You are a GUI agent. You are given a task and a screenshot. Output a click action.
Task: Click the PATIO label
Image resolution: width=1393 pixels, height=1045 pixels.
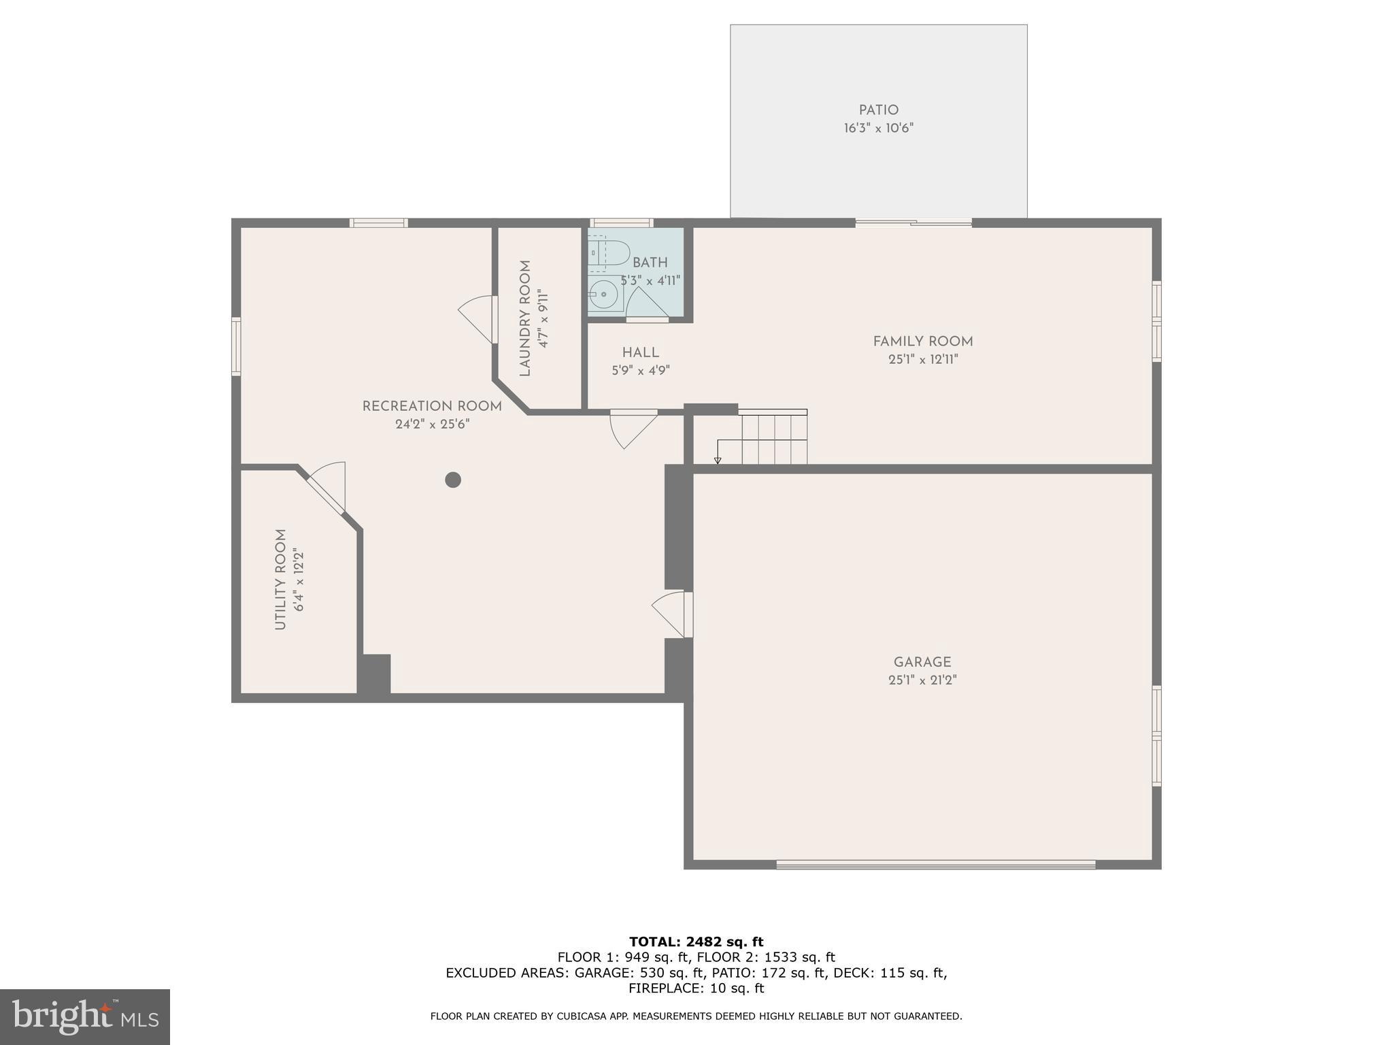click(x=878, y=110)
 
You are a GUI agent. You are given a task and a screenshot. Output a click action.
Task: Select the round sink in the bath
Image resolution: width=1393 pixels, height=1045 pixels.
click(x=603, y=295)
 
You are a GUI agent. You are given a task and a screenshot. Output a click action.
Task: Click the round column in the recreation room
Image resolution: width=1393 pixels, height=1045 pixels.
click(x=453, y=480)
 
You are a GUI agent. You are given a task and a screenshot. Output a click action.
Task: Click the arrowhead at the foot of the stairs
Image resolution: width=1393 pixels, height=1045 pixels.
click(x=718, y=461)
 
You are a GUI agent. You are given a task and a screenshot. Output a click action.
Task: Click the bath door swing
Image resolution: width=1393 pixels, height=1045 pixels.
click(x=645, y=303)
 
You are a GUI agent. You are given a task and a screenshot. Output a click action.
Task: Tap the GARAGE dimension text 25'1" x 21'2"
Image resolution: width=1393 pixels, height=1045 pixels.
click(x=922, y=680)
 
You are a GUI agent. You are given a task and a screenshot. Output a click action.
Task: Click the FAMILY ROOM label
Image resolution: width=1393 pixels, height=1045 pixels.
click(x=923, y=342)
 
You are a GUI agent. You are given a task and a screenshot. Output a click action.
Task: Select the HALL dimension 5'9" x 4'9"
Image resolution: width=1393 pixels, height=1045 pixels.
click(x=640, y=371)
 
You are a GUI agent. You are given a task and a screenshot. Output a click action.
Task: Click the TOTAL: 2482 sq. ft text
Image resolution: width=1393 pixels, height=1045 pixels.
click(x=696, y=942)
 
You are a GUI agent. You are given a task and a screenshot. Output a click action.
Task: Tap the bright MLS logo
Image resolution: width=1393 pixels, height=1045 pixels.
click(x=85, y=1016)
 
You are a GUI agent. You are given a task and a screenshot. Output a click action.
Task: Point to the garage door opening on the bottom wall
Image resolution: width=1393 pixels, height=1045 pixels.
click(x=935, y=865)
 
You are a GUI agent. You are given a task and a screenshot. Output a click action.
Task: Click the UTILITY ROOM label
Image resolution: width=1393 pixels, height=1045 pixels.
click(x=280, y=579)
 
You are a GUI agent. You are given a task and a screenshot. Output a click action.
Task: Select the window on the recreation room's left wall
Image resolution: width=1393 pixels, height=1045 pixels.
click(x=236, y=346)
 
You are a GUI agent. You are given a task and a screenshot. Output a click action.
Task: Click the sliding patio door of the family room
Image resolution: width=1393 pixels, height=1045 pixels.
click(x=913, y=222)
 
